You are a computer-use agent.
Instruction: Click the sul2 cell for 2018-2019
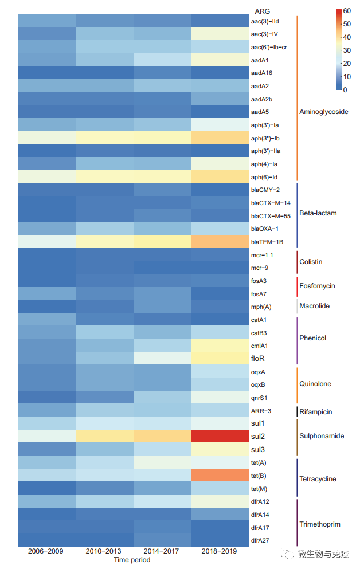click(x=220, y=436)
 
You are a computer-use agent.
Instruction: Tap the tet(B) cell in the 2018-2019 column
click(x=220, y=476)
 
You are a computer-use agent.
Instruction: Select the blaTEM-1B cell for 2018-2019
click(x=220, y=241)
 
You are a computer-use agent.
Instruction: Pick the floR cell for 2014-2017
click(x=162, y=358)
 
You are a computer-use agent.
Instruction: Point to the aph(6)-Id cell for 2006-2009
click(x=46, y=176)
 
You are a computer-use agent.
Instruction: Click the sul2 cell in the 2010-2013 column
click(x=104, y=436)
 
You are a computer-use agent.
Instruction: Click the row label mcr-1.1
click(x=262, y=254)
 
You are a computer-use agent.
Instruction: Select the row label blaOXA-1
click(x=265, y=229)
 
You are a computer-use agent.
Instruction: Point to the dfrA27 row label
click(x=261, y=540)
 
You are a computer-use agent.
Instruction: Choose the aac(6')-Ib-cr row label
click(x=269, y=46)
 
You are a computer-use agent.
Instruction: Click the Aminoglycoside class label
click(x=323, y=112)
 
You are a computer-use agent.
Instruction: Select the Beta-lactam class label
click(x=318, y=213)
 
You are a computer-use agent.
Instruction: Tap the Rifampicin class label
click(x=316, y=412)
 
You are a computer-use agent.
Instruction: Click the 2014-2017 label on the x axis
click(x=162, y=551)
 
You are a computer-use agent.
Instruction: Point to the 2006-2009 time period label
click(x=46, y=551)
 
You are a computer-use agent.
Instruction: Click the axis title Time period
click(x=132, y=560)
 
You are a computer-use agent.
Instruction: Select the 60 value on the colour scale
click(x=347, y=10)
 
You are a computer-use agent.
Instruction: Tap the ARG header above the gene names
click(x=263, y=11)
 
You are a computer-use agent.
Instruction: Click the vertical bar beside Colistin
click(x=298, y=261)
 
